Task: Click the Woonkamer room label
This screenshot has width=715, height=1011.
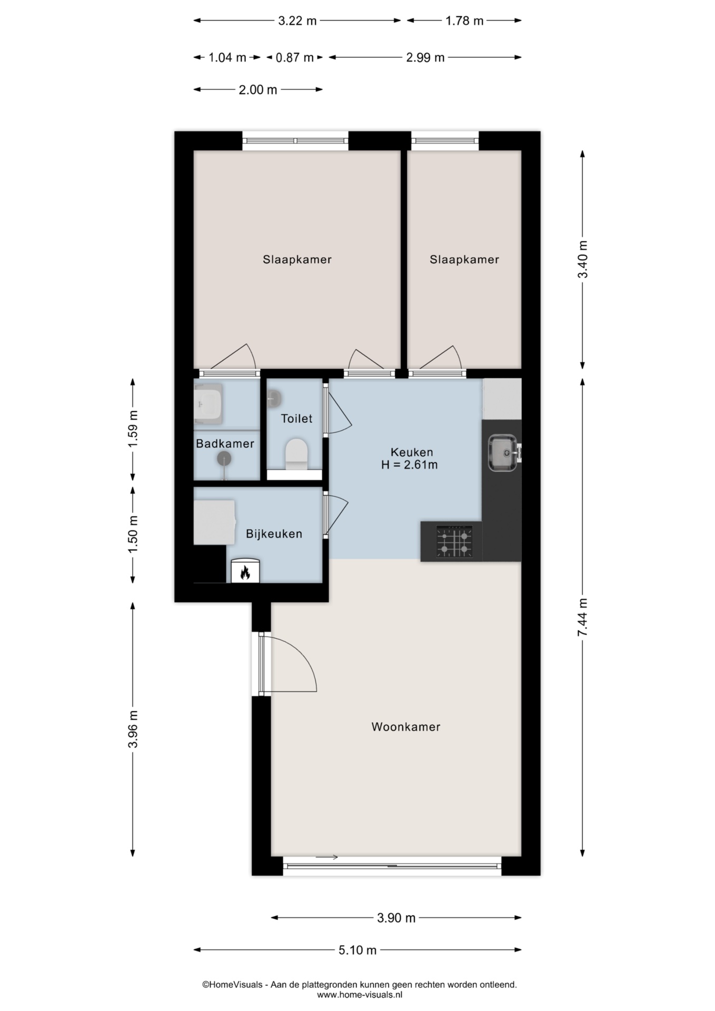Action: click(x=405, y=727)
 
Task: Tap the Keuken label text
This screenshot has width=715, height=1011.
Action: click(x=412, y=452)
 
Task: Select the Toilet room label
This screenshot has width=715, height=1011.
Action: click(x=296, y=419)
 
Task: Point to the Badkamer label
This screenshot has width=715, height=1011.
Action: click(x=225, y=443)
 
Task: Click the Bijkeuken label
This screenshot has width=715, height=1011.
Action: click(x=274, y=534)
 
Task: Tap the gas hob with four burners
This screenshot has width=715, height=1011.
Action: click(x=454, y=542)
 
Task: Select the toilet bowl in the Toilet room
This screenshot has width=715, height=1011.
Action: click(x=296, y=454)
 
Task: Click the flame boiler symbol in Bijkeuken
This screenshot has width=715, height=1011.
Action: click(x=245, y=571)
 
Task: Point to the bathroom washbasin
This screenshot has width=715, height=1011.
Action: click(x=208, y=404)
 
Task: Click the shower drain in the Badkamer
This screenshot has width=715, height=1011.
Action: click(x=224, y=459)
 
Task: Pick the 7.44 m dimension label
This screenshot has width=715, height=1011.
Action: click(x=582, y=617)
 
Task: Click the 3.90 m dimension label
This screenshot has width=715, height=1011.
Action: click(x=396, y=918)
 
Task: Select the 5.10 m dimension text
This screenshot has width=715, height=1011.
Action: click(x=357, y=950)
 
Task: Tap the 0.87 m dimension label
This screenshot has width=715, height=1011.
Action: click(x=294, y=57)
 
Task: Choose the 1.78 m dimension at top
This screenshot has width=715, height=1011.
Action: click(x=464, y=21)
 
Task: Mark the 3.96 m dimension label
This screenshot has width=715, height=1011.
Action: click(x=133, y=729)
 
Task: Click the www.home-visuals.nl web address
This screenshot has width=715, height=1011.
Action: click(x=360, y=995)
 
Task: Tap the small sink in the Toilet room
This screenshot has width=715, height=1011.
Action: click(x=274, y=399)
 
